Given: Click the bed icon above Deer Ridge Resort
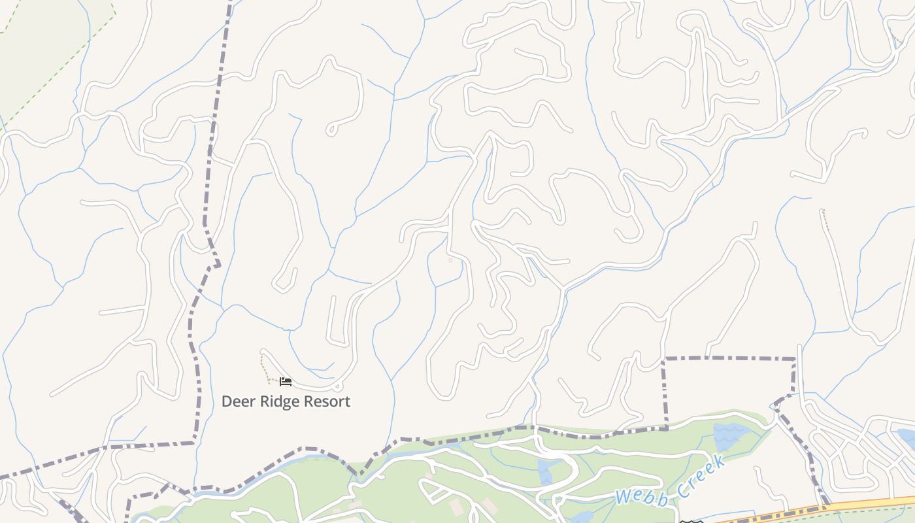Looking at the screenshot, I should coord(285,381).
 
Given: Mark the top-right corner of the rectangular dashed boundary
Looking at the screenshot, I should coord(795,358).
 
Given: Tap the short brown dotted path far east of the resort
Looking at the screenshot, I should coord(826,220).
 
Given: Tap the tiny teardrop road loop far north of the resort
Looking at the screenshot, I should coord(332,129).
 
